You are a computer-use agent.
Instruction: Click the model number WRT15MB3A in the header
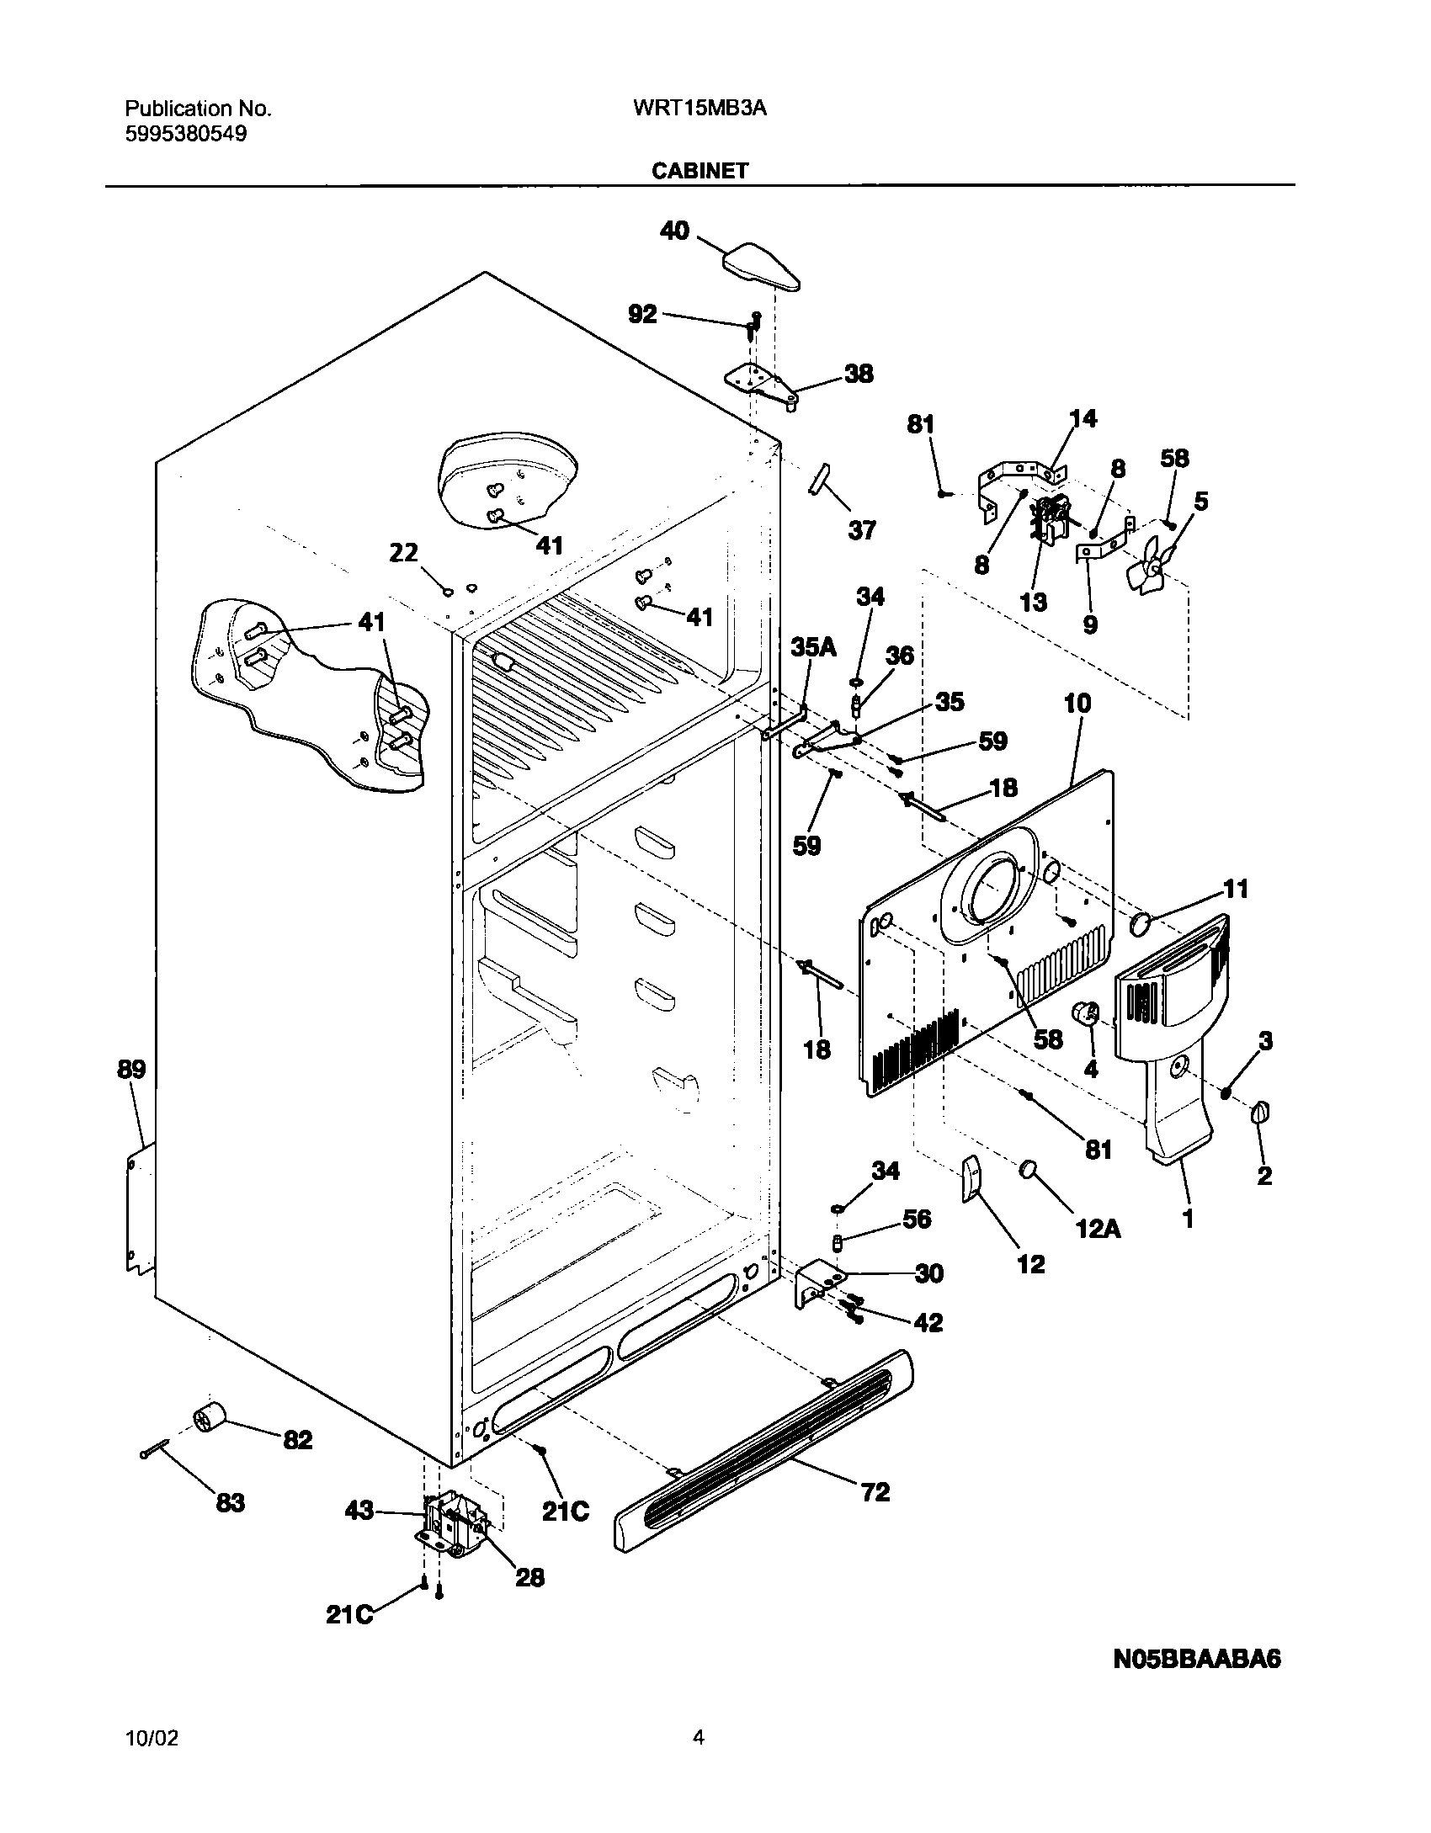coord(698,109)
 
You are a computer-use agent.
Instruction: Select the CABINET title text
coord(700,171)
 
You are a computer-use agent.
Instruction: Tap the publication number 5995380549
coord(186,134)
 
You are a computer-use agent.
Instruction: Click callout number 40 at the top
coord(674,231)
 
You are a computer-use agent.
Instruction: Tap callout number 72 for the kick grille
coord(875,1492)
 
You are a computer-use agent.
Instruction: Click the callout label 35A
coord(813,646)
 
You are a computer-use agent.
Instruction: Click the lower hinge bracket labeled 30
coord(815,1283)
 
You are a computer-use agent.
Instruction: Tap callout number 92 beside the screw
coord(642,314)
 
